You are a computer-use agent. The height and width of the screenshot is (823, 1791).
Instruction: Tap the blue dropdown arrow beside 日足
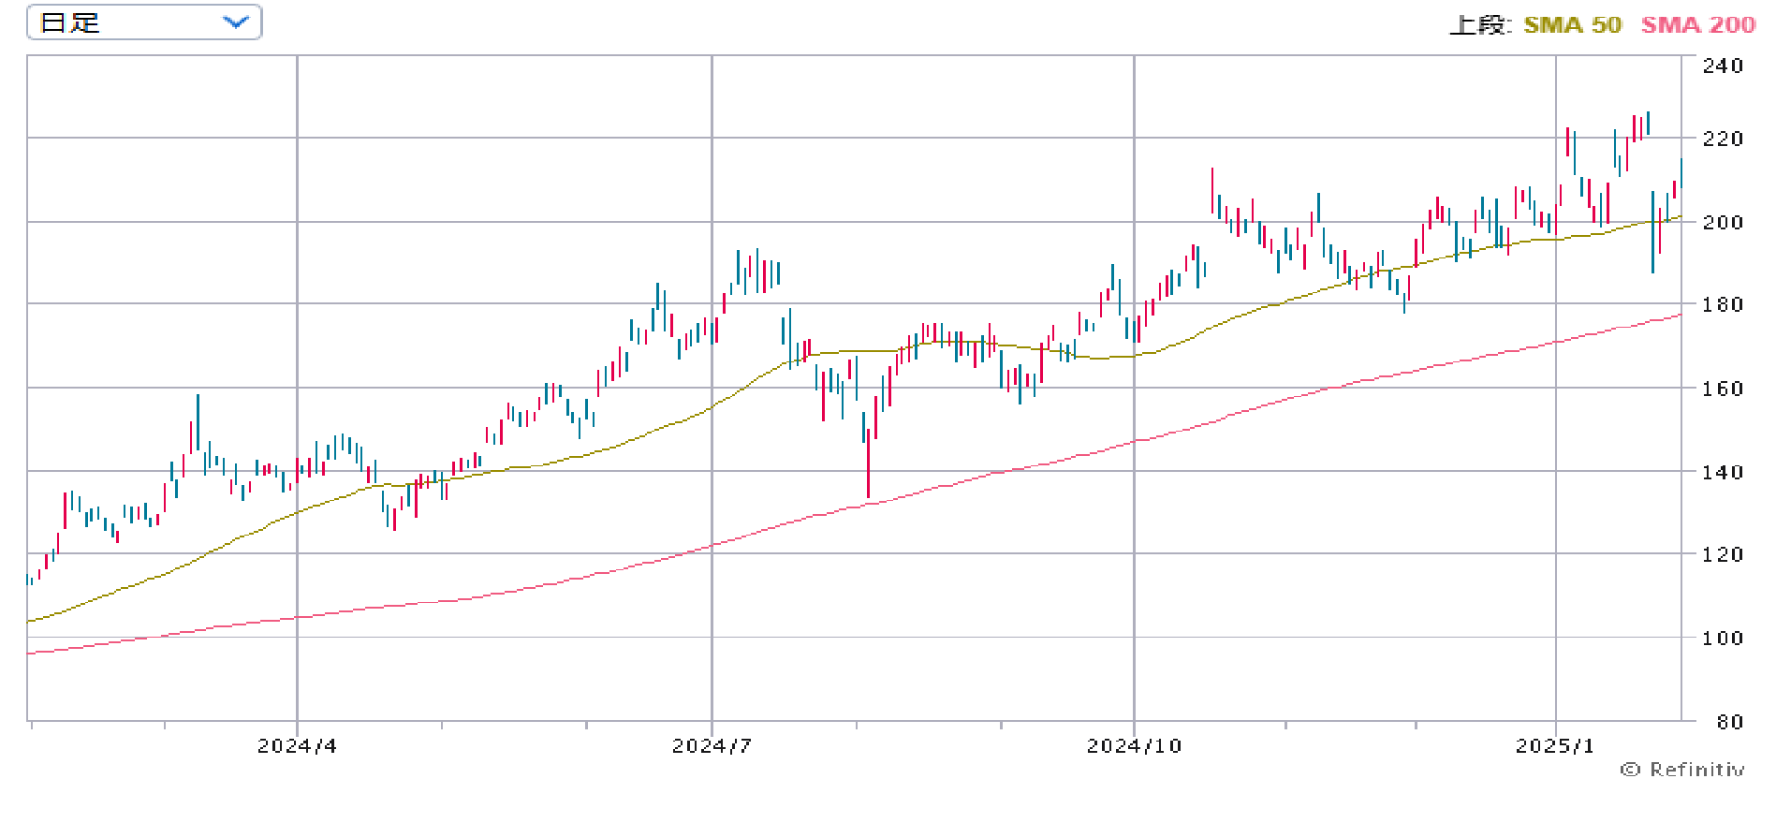236,22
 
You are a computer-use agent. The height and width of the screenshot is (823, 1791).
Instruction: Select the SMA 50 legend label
1572,25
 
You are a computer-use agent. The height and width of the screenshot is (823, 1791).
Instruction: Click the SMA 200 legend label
1697,25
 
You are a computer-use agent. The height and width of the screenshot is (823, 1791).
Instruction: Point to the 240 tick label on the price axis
1723,66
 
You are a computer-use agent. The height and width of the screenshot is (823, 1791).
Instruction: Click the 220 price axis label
1723,139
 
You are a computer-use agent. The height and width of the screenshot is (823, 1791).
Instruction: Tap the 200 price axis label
1723,222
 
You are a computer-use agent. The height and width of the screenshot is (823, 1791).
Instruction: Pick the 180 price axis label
1723,304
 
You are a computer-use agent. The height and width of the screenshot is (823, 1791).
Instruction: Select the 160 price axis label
1723,388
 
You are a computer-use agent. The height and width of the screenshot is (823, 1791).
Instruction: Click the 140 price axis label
1723,472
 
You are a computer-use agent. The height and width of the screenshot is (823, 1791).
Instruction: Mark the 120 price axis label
1723,554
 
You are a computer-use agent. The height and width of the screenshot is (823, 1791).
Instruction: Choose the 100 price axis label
1723,638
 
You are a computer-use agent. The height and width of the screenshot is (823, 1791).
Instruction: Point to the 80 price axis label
1723,722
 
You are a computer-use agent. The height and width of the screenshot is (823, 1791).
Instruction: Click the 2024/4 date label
297,746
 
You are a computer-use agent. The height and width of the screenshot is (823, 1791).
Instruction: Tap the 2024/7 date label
712,746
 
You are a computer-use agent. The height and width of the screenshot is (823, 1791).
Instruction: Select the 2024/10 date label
1134,746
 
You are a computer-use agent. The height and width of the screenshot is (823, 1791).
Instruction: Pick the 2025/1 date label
1554,746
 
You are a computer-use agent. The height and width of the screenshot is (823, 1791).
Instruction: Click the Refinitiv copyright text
1682,770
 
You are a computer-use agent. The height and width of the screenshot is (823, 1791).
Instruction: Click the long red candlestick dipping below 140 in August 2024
868,459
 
